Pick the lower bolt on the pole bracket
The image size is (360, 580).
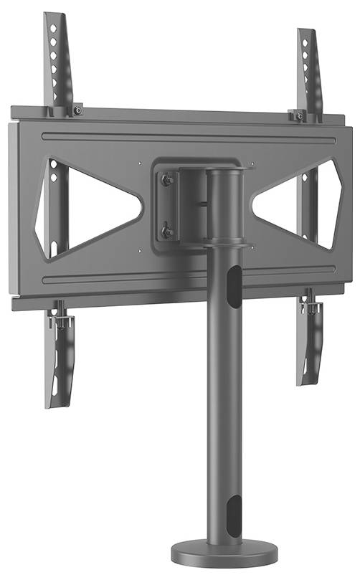[x=167, y=232]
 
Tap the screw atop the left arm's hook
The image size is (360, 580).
[x=78, y=110]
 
